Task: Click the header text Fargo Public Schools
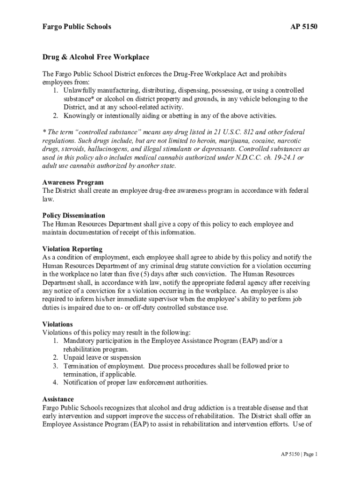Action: (77, 27)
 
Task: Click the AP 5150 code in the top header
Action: (304, 27)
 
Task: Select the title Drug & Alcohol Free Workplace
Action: (96, 58)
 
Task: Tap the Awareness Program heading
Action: (73, 182)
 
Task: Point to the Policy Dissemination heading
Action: (73, 216)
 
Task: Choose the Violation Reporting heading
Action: (72, 249)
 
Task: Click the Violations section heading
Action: (58, 324)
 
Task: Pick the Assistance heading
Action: (58, 399)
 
